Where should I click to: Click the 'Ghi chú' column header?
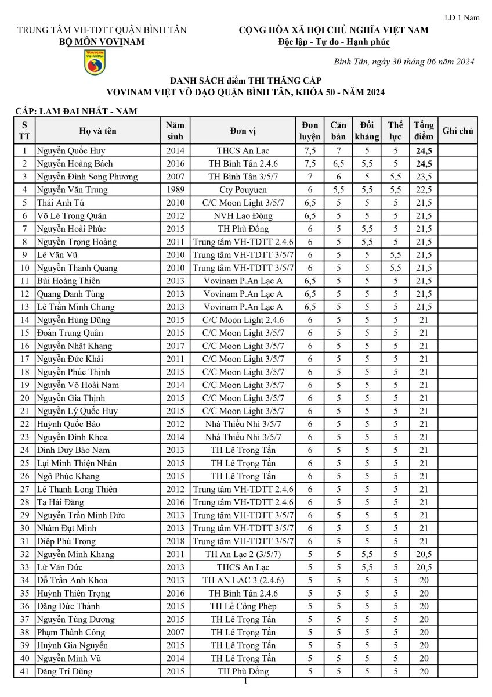(458, 131)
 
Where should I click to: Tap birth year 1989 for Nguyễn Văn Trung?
(175, 189)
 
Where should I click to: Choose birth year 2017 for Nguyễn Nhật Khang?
(175, 346)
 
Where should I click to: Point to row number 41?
(24, 671)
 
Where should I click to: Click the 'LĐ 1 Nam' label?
(462, 17)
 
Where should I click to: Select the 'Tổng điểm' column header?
(423, 131)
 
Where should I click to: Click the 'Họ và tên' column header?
(97, 131)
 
